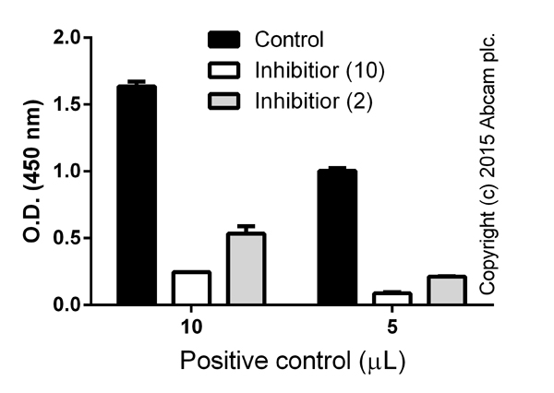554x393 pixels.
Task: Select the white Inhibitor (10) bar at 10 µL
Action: point(191,287)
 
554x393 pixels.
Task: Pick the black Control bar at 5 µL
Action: point(337,237)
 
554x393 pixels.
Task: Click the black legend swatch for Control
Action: point(225,40)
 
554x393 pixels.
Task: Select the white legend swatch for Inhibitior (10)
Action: point(225,69)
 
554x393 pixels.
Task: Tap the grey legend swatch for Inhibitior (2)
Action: point(225,99)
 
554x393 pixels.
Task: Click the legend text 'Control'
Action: point(289,40)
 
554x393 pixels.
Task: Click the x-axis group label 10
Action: point(191,327)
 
